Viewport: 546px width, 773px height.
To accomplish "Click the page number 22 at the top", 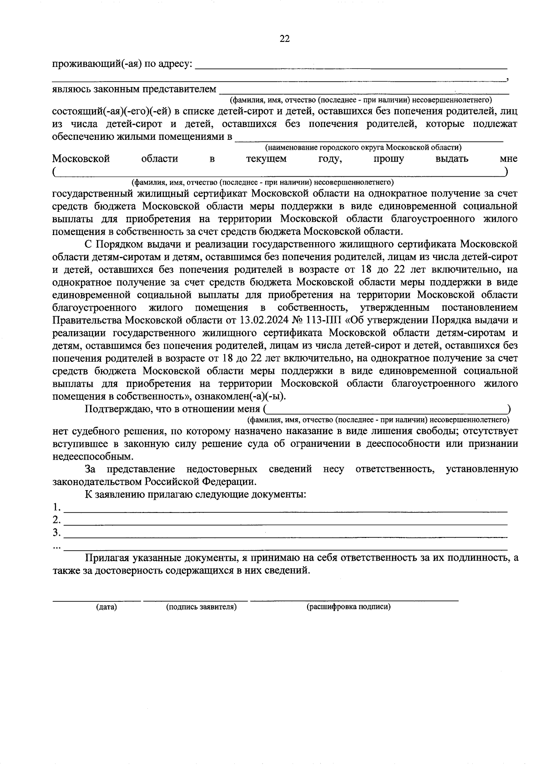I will (285, 39).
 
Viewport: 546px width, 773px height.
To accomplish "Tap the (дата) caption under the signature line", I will (106, 607).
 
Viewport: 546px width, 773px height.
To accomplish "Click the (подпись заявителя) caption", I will (201, 607).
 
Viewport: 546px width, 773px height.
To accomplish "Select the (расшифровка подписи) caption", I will (349, 607).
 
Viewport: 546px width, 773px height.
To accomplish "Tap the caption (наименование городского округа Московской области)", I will (363, 148).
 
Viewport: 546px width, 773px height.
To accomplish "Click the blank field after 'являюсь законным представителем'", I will (364, 90).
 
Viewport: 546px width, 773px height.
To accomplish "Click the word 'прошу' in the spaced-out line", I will (388, 159).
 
